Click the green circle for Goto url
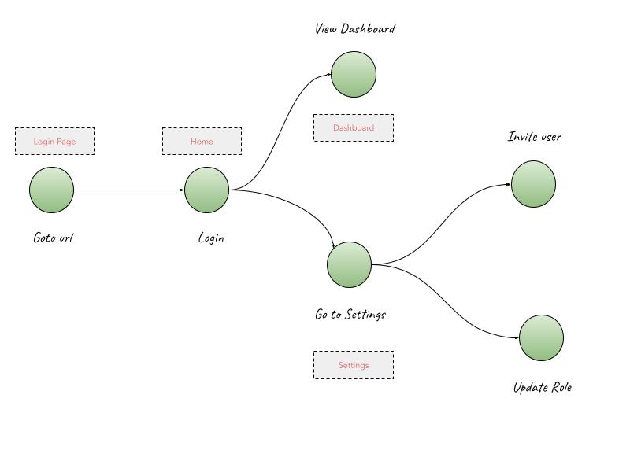pos(52,190)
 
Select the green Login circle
pos(207,190)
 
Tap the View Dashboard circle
pos(354,75)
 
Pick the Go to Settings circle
pos(350,264)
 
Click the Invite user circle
pos(533,184)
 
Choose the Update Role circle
pos(542,337)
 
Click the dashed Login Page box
pos(54,142)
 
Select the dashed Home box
pos(202,142)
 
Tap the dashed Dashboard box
pos(354,127)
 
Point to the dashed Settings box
pos(354,365)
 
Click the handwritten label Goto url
pos(53,237)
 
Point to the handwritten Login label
pos(211,237)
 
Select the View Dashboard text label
pos(354,29)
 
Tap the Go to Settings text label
pos(350,314)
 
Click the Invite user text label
pos(534,137)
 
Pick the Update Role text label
pos(542,387)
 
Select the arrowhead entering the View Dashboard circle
pos(328,76)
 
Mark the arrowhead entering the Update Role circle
pos(517,337)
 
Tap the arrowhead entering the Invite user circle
pos(508,185)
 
